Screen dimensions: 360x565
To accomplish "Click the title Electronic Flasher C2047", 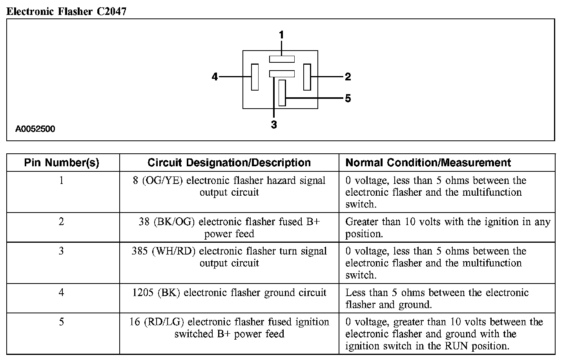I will pyautogui.click(x=66, y=11).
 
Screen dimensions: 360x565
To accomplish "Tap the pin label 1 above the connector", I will pyautogui.click(x=281, y=35).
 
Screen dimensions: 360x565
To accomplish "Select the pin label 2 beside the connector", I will pyautogui.click(x=348, y=77).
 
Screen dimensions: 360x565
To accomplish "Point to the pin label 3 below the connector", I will pyautogui.click(x=274, y=125).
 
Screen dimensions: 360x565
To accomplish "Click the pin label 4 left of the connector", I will pyautogui.click(x=215, y=77).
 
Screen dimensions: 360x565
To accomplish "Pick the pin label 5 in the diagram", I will pyautogui.click(x=348, y=98).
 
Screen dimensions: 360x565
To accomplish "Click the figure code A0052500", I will pyautogui.click(x=35, y=129).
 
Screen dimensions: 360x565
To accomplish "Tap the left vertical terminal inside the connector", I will pyautogui.click(x=255, y=77).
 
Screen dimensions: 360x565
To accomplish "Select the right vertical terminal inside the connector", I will pyautogui.click(x=307, y=77).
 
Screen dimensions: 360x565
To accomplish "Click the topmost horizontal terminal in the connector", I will pyautogui.click(x=282, y=59).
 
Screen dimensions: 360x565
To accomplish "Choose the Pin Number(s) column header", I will pyautogui.click(x=62, y=163).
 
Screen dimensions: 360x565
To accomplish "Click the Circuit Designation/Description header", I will pyautogui.click(x=229, y=163).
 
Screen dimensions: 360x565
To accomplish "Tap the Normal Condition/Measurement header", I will pyautogui.click(x=428, y=163).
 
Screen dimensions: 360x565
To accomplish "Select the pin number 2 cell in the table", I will pyautogui.click(x=62, y=222).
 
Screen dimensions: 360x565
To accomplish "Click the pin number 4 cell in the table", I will pyautogui.click(x=62, y=293).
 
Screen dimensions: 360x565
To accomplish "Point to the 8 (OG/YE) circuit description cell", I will pyautogui.click(x=229, y=187).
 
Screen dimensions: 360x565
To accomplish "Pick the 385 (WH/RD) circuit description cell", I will pyautogui.click(x=229, y=257).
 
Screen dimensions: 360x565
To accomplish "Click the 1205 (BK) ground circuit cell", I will pyautogui.click(x=229, y=293).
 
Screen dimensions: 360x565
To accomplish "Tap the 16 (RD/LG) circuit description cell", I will pyautogui.click(x=229, y=328).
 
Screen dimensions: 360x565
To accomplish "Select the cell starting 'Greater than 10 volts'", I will pyautogui.click(x=447, y=228).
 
